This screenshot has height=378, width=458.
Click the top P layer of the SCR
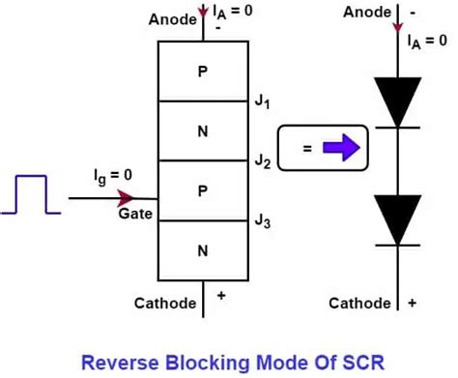click(202, 71)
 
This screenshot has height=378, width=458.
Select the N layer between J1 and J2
click(202, 130)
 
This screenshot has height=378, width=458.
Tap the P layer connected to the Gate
click(202, 190)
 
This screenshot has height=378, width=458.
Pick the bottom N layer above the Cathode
click(202, 250)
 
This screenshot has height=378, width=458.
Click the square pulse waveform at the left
click(30, 192)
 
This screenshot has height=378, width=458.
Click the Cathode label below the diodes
click(359, 304)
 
